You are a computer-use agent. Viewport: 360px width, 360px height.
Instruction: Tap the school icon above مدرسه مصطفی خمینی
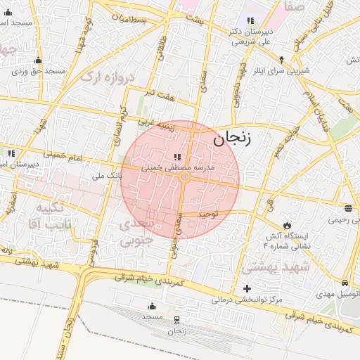[176, 156]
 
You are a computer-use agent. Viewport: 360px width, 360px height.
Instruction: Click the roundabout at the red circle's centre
[184, 179]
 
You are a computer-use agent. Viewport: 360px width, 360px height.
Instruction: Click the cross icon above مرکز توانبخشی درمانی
[247, 288]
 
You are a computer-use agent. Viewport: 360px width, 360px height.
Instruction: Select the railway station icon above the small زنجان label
[177, 320]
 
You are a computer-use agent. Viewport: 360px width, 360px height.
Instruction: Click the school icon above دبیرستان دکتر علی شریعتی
[250, 21]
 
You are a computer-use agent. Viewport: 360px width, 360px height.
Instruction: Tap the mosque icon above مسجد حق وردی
[38, 60]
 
